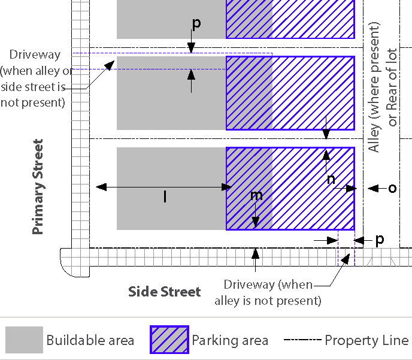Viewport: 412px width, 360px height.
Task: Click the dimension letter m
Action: click(256, 195)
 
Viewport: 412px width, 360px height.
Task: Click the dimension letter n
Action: click(331, 179)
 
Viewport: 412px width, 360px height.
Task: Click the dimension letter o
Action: click(392, 188)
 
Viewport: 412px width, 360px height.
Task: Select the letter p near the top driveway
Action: click(196, 23)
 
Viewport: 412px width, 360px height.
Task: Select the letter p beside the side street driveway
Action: click(379, 239)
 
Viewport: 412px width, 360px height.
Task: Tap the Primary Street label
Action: click(38, 186)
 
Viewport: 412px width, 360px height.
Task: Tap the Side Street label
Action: click(165, 292)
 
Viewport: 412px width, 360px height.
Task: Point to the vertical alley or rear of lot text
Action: click(383, 87)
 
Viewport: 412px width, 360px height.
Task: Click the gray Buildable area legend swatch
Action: click(24, 340)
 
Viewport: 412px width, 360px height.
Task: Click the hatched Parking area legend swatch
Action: click(169, 340)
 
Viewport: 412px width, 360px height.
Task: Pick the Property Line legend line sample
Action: click(302, 340)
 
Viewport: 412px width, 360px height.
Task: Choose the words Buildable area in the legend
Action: click(90, 341)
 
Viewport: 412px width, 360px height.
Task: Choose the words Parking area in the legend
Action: click(230, 341)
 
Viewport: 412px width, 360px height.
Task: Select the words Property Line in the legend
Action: click(366, 341)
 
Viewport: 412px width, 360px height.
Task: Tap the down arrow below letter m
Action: click(256, 216)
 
